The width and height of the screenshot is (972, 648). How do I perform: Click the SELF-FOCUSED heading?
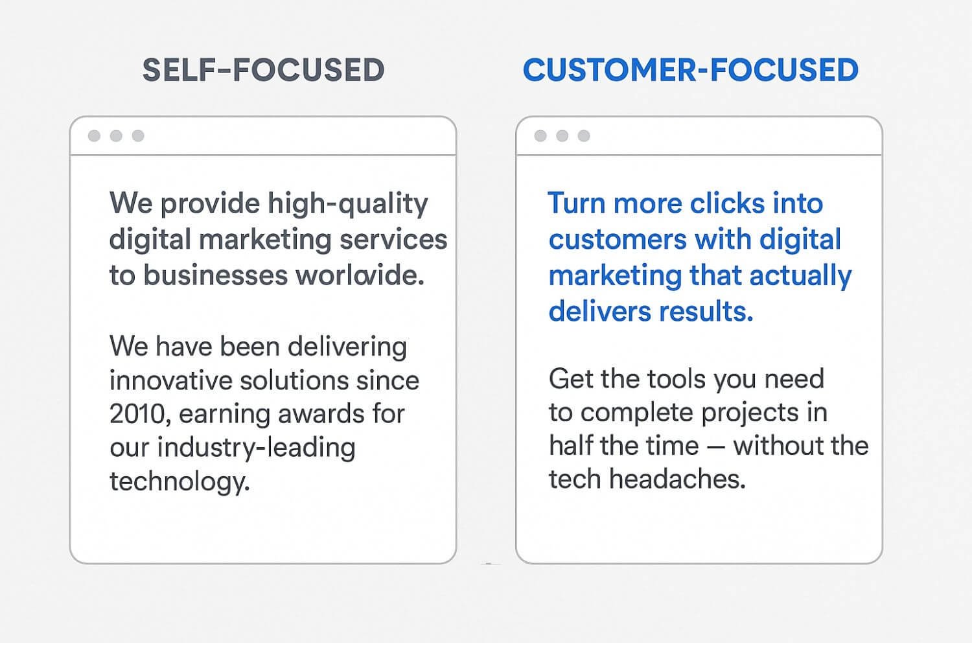click(x=263, y=70)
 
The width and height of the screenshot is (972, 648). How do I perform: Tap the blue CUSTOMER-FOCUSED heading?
click(x=690, y=70)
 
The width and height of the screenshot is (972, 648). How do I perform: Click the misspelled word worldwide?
click(x=360, y=275)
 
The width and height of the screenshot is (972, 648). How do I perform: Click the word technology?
click(x=179, y=481)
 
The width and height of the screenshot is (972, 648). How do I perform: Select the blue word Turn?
click(x=576, y=203)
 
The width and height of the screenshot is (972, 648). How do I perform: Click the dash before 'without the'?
click(x=716, y=446)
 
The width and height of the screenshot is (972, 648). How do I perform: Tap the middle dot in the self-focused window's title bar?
click(x=116, y=135)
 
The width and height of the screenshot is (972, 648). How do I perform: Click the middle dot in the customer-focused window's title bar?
click(x=562, y=135)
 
